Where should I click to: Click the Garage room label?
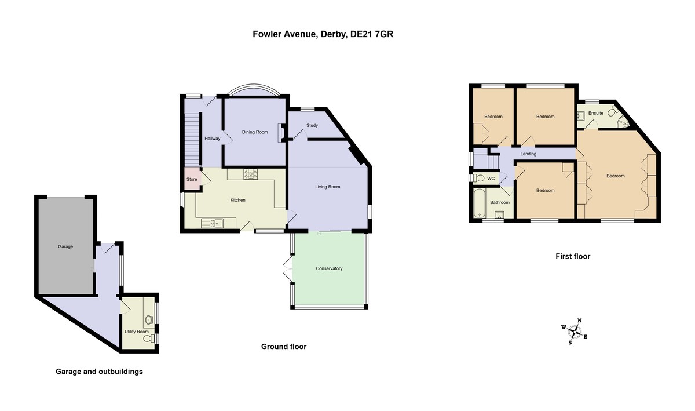pyautogui.click(x=65, y=247)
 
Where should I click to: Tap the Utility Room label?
pyautogui.click(x=137, y=332)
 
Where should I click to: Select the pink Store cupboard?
pyautogui.click(x=193, y=179)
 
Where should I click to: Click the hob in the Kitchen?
pyautogui.click(x=250, y=174)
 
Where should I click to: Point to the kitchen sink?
pyautogui.click(x=212, y=223)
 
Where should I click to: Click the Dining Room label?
pyautogui.click(x=255, y=132)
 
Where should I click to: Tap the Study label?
pyautogui.click(x=312, y=126)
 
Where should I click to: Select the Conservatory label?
pyautogui.click(x=329, y=268)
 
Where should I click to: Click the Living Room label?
pyautogui.click(x=328, y=187)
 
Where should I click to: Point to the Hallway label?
pyautogui.click(x=212, y=138)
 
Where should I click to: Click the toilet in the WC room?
pyautogui.click(x=478, y=178)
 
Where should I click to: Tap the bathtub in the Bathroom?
pyautogui.click(x=480, y=203)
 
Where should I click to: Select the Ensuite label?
pyautogui.click(x=596, y=113)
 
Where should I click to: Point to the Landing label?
pyautogui.click(x=528, y=154)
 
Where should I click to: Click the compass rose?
pyautogui.click(x=575, y=332)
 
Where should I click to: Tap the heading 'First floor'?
pyautogui.click(x=573, y=256)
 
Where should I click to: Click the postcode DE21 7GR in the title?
pyautogui.click(x=372, y=34)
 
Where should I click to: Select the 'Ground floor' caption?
pyautogui.click(x=284, y=347)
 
